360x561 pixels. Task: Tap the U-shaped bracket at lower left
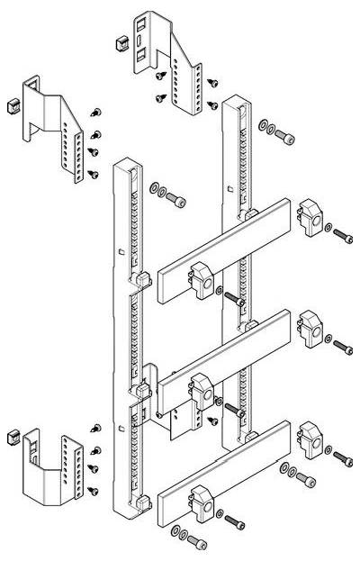click(x=49, y=464)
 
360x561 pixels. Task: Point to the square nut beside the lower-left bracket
click(x=13, y=439)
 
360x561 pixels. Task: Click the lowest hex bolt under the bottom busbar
click(x=193, y=542)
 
